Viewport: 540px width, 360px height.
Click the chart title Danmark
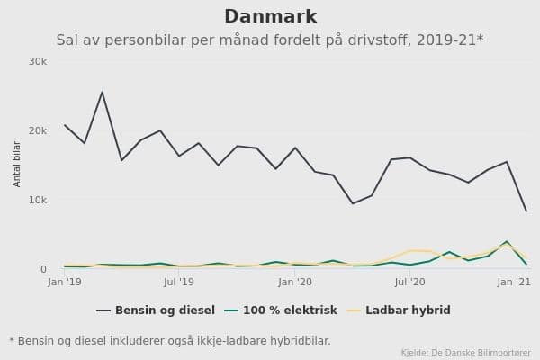pos(270,17)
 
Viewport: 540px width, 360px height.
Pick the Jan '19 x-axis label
pos(65,283)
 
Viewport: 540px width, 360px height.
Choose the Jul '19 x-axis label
pos(179,283)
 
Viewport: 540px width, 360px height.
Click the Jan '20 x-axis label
pos(295,283)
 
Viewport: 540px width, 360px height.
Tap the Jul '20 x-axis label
pos(410,283)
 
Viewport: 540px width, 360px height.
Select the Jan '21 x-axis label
pos(514,283)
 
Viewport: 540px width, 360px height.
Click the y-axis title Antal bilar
pos(17,164)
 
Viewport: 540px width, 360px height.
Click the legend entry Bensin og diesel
pos(165,310)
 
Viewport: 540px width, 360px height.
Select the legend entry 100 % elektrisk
pos(283,310)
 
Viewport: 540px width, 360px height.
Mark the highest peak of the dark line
pos(102,92)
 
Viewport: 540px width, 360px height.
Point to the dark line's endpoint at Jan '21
pos(526,211)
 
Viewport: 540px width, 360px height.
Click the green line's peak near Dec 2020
pos(507,241)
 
